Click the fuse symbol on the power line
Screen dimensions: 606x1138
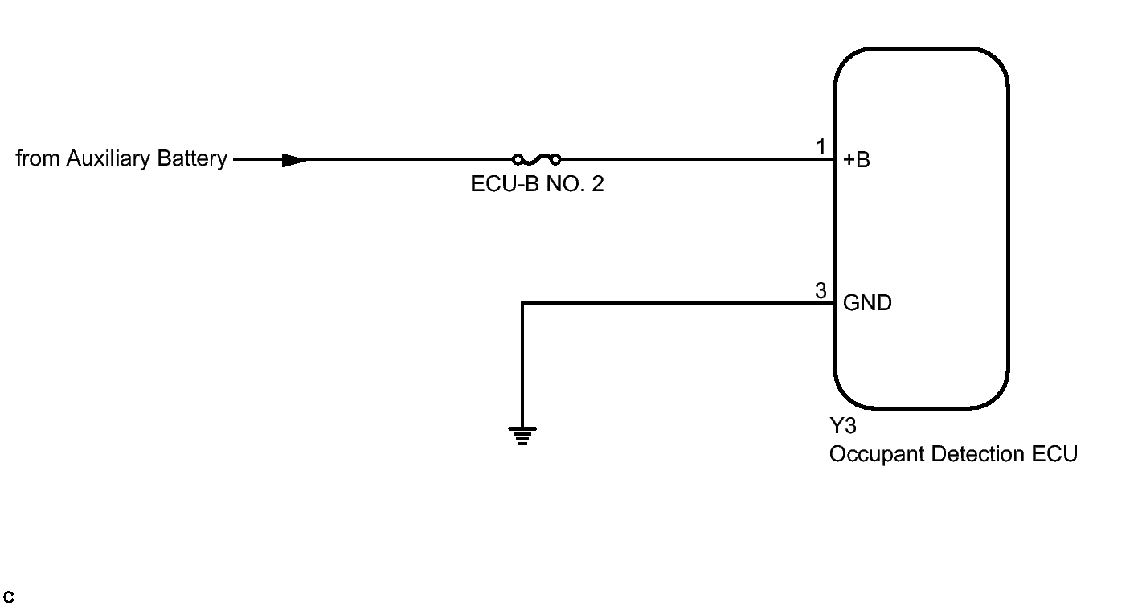pyautogui.click(x=536, y=159)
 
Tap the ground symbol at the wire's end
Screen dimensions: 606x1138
pyautogui.click(x=522, y=436)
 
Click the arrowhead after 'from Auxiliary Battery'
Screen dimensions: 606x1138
pyautogui.click(x=295, y=160)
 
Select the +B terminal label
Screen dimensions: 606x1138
pyautogui.click(x=857, y=160)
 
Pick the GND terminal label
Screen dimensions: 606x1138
pyautogui.click(x=867, y=304)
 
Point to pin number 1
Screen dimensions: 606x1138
pyautogui.click(x=821, y=147)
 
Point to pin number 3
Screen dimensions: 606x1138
pyautogui.click(x=821, y=291)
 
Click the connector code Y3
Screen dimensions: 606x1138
pyautogui.click(x=842, y=426)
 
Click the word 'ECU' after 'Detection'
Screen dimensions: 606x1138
pyautogui.click(x=1054, y=454)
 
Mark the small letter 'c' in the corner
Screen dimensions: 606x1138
pyautogui.click(x=9, y=597)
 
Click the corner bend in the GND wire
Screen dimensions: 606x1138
pyautogui.click(x=522, y=304)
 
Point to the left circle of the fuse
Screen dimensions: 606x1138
pyautogui.click(x=518, y=159)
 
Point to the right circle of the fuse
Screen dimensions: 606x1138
pyautogui.click(x=555, y=159)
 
